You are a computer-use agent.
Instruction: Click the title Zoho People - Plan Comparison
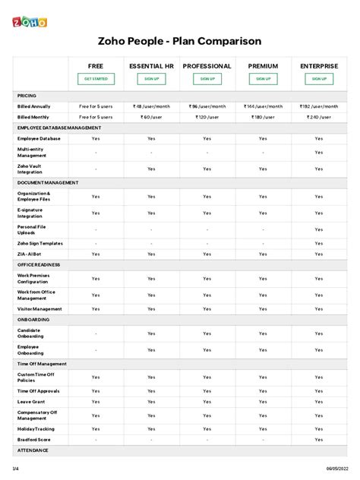point(179,40)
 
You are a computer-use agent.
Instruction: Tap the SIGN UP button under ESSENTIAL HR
point(151,79)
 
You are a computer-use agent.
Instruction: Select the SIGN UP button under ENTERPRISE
point(319,79)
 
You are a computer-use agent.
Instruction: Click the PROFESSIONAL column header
point(207,67)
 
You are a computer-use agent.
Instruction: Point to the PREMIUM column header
point(263,67)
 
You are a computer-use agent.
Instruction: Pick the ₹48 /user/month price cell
point(151,106)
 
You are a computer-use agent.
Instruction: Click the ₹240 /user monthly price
point(319,118)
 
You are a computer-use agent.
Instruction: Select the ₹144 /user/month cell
point(263,106)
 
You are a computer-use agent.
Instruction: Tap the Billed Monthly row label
point(34,118)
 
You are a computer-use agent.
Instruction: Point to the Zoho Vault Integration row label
point(30,169)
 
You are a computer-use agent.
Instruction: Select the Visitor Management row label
point(39,309)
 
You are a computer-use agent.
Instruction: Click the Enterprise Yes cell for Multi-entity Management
point(319,153)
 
